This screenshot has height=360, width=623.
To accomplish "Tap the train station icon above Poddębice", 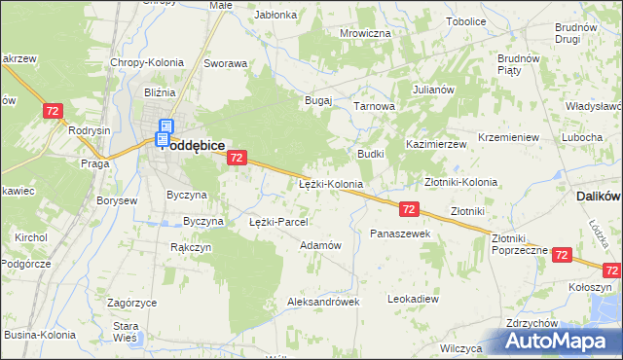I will [165, 126].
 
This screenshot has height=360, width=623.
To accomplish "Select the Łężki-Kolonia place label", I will [331, 183].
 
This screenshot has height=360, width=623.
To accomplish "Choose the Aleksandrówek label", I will [323, 302].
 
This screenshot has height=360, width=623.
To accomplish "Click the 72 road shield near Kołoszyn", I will [562, 255].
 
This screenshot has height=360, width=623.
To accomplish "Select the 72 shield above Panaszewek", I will [409, 209].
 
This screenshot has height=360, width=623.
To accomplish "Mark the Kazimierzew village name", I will [436, 143].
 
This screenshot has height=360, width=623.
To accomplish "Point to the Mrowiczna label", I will [365, 33].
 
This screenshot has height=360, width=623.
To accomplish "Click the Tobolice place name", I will [466, 21].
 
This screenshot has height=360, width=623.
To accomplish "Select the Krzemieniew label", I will [509, 137].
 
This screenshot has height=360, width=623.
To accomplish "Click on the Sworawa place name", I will [225, 63].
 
